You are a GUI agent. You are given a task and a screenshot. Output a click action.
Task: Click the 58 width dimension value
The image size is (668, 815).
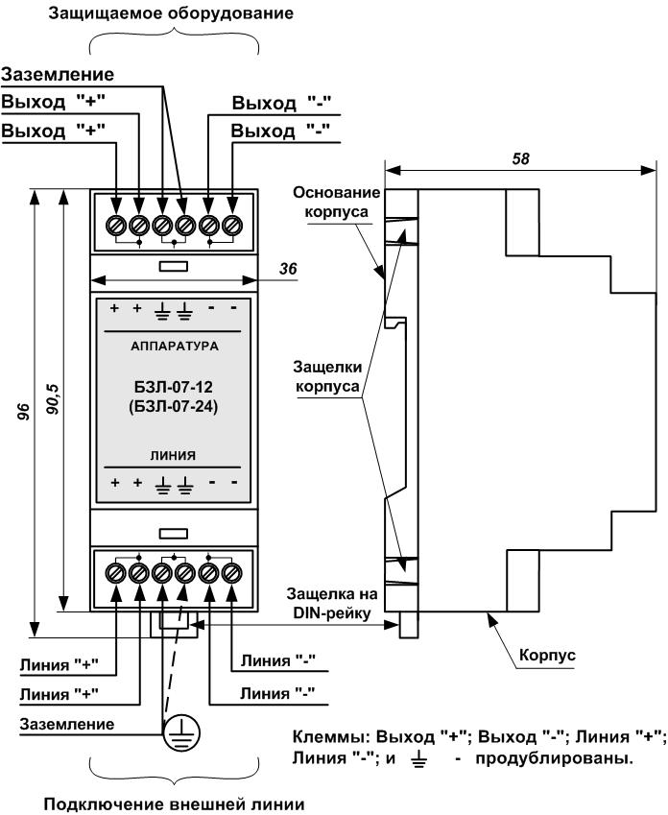(x=519, y=157)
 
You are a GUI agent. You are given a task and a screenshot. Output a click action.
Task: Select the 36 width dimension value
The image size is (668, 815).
(x=286, y=271)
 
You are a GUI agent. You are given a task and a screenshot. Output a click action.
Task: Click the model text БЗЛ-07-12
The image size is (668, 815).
(x=174, y=386)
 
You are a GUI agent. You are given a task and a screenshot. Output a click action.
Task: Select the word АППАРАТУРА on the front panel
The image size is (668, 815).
(x=174, y=343)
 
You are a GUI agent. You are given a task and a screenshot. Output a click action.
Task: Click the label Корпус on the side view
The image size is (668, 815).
(x=547, y=655)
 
